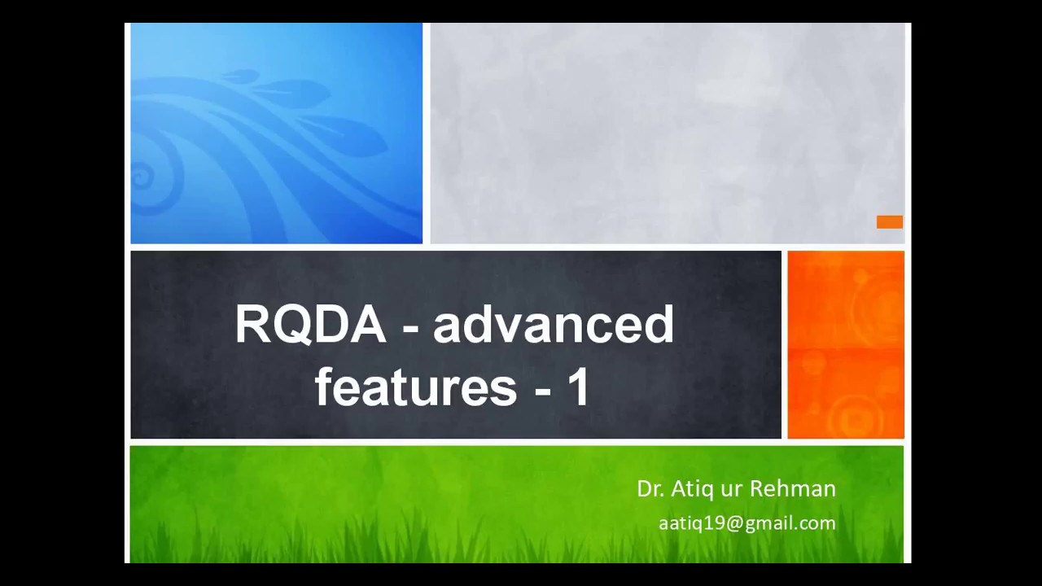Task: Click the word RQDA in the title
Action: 310,325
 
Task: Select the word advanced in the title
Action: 553,325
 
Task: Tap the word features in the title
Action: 415,387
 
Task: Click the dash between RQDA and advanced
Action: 410,327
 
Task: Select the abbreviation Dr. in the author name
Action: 650,488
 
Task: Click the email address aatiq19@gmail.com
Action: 746,523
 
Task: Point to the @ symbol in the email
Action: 734,523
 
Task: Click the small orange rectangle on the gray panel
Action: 889,222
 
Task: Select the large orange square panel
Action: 846,344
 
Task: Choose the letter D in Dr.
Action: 643,488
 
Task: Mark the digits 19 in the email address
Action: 715,523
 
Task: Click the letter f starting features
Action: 323,387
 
